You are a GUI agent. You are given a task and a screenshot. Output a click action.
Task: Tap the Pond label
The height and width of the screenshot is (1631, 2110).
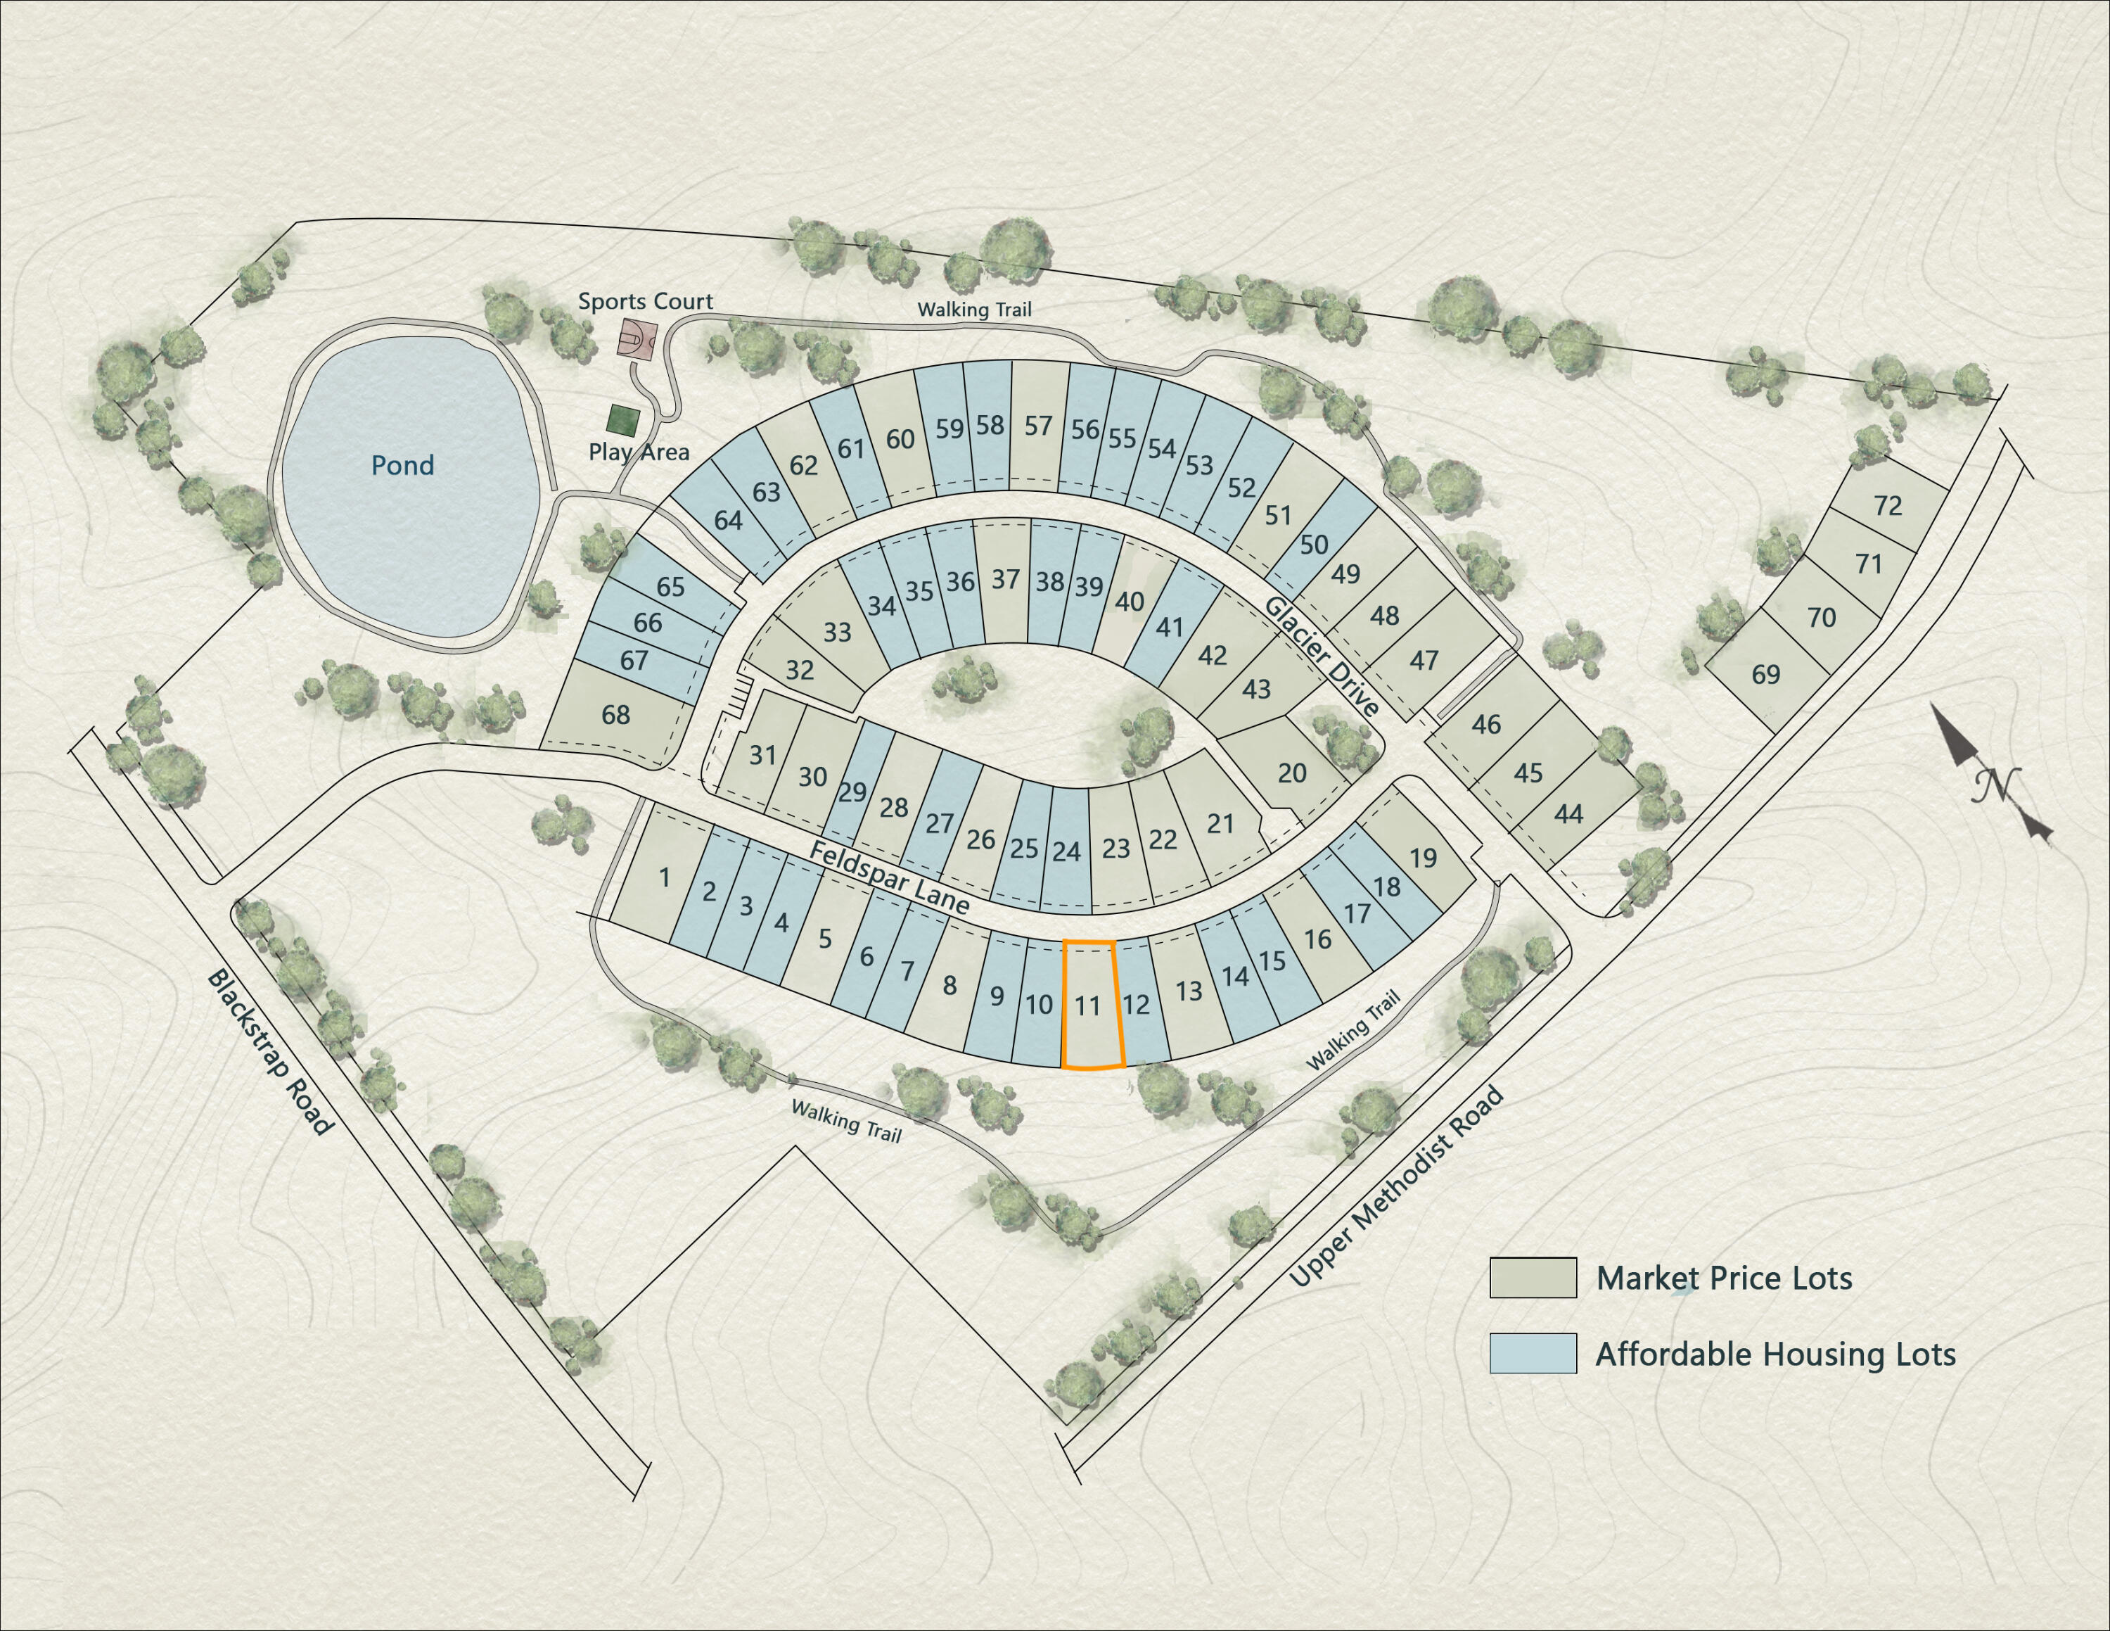click(403, 466)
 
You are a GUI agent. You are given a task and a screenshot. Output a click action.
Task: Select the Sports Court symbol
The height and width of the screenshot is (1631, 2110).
click(638, 340)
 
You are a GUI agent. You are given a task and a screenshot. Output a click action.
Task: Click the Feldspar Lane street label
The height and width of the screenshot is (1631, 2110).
click(889, 877)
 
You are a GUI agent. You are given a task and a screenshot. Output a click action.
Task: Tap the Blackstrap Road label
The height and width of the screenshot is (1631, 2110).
click(269, 1053)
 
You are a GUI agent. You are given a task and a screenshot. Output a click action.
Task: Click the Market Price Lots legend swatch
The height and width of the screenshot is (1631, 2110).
click(1533, 1277)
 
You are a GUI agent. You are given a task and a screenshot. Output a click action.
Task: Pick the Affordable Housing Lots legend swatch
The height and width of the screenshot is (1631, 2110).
click(1533, 1353)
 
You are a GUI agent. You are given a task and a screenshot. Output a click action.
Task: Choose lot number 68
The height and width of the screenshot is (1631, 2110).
click(615, 715)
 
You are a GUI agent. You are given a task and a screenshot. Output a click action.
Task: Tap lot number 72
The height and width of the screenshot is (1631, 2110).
click(1887, 505)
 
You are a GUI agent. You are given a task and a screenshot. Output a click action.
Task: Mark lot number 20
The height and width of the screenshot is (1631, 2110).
click(1292, 773)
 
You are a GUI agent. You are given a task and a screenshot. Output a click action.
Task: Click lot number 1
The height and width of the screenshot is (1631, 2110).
click(665, 877)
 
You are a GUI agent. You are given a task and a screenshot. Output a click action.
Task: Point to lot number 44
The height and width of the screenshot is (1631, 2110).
click(1568, 815)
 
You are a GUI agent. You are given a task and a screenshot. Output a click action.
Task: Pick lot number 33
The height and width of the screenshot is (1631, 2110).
click(837, 633)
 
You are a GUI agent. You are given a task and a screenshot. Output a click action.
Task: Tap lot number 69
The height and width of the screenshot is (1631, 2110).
click(1765, 675)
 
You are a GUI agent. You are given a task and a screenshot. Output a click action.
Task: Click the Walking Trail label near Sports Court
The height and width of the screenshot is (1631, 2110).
click(974, 309)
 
